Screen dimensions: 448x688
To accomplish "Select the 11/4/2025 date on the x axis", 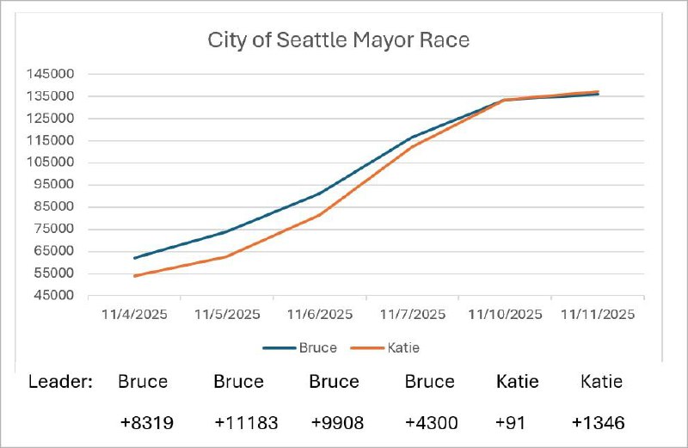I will pyautogui.click(x=134, y=315).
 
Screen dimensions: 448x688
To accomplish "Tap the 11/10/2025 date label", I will pyautogui.click(x=505, y=315).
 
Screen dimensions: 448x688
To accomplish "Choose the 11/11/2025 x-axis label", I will pyautogui.click(x=597, y=315).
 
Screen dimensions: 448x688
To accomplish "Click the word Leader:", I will pyautogui.click(x=61, y=381).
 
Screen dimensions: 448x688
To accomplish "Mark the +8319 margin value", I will pyautogui.click(x=143, y=422).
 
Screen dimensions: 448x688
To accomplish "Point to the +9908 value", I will pyautogui.click(x=334, y=422).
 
